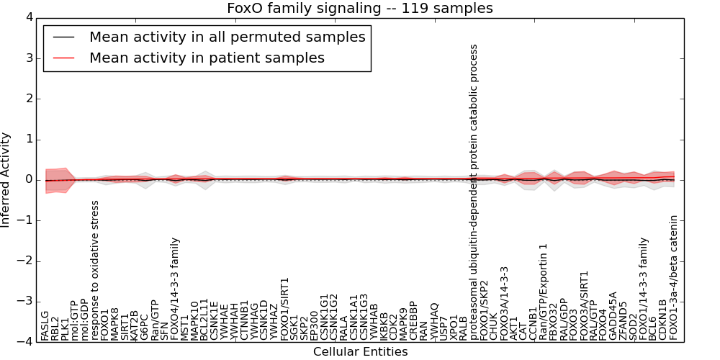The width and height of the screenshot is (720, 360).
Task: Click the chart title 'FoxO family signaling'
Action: pos(360,9)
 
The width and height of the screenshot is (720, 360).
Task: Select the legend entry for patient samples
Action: pos(207,58)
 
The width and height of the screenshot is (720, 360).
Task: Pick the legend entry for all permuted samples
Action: pos(227,37)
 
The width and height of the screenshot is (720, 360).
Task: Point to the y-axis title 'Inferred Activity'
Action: pos(6,180)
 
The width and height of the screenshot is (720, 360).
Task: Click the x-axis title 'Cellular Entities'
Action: pos(360,352)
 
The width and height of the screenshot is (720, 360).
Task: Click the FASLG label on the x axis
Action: pos(45,325)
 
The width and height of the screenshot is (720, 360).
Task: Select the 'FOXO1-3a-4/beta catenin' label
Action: pos(674,278)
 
